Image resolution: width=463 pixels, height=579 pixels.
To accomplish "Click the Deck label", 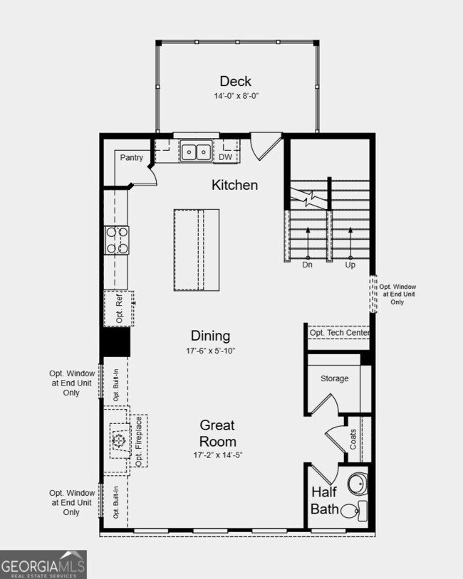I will click(235, 81).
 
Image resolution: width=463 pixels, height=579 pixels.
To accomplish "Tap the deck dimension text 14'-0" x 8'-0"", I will click(235, 95).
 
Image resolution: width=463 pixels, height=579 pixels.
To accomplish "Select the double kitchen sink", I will click(195, 152).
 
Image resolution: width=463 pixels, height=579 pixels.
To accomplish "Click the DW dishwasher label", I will click(225, 157).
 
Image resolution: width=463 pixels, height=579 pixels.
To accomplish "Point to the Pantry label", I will click(132, 158).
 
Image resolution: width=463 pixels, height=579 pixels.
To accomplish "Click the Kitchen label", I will click(234, 185).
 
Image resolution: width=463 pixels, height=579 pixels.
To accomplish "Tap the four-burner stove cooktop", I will click(117, 240).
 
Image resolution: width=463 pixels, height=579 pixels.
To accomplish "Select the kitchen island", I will click(197, 250).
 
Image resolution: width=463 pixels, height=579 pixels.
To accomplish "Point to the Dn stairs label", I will click(308, 265).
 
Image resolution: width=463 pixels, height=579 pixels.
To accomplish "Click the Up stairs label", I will click(350, 265).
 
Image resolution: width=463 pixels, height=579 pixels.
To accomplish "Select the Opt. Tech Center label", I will click(339, 333).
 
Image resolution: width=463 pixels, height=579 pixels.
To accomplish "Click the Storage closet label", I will click(334, 378).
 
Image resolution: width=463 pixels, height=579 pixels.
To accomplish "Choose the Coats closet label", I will click(353, 438).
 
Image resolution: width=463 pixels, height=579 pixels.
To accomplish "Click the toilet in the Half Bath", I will click(351, 509).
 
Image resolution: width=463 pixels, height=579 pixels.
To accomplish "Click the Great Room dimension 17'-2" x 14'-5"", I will click(217, 455).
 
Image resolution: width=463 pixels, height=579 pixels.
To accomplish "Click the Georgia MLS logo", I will click(43, 565).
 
